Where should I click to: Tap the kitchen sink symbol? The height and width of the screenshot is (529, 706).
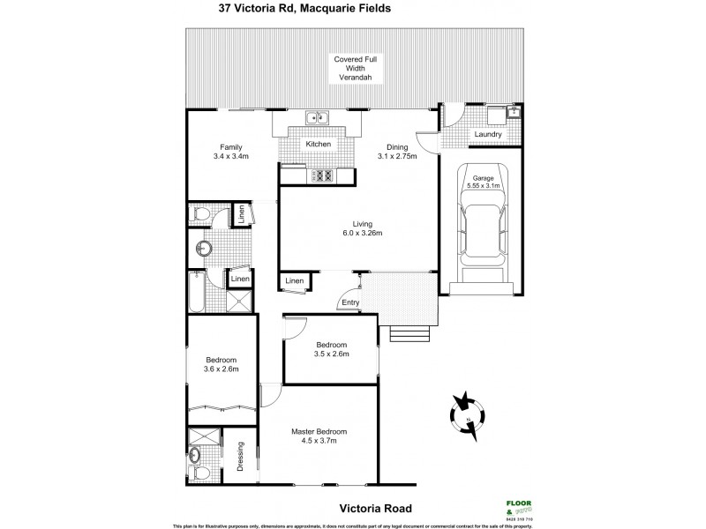[x=316, y=117]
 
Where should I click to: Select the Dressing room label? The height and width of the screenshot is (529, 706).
[x=239, y=454]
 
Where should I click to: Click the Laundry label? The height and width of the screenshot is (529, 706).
[x=488, y=134]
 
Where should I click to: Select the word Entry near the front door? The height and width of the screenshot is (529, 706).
[x=351, y=304]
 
